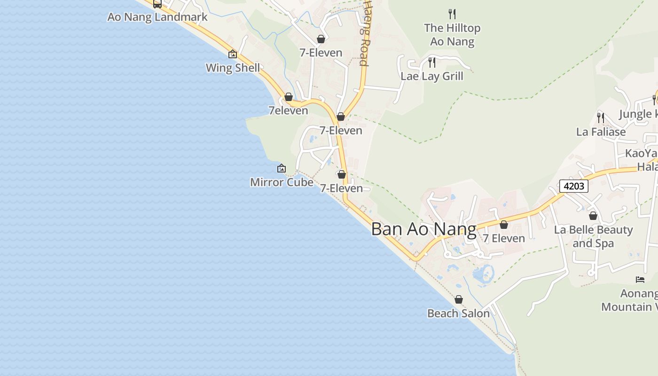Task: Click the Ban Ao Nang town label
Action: [x=423, y=229]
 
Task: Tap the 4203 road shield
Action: [x=573, y=186]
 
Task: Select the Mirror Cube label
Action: [x=282, y=182]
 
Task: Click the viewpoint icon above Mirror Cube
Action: [x=281, y=168]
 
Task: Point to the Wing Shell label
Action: [x=233, y=68]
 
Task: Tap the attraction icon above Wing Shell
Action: [x=232, y=54]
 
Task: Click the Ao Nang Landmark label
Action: [x=157, y=17]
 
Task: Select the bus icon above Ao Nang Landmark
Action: [x=157, y=4]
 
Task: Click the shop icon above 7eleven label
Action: [x=289, y=97]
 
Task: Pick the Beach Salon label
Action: [x=458, y=313]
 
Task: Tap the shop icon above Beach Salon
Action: [x=459, y=299]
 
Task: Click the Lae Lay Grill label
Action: [x=431, y=76]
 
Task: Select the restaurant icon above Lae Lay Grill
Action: [x=431, y=62]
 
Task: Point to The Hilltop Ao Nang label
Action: [x=452, y=35]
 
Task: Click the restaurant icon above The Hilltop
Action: [x=452, y=14]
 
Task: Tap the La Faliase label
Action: [x=601, y=132]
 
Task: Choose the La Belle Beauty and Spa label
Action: [x=593, y=236]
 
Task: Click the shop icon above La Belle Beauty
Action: [x=593, y=216]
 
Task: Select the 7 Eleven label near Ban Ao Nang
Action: [x=504, y=238]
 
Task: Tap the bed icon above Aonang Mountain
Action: [x=640, y=279]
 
